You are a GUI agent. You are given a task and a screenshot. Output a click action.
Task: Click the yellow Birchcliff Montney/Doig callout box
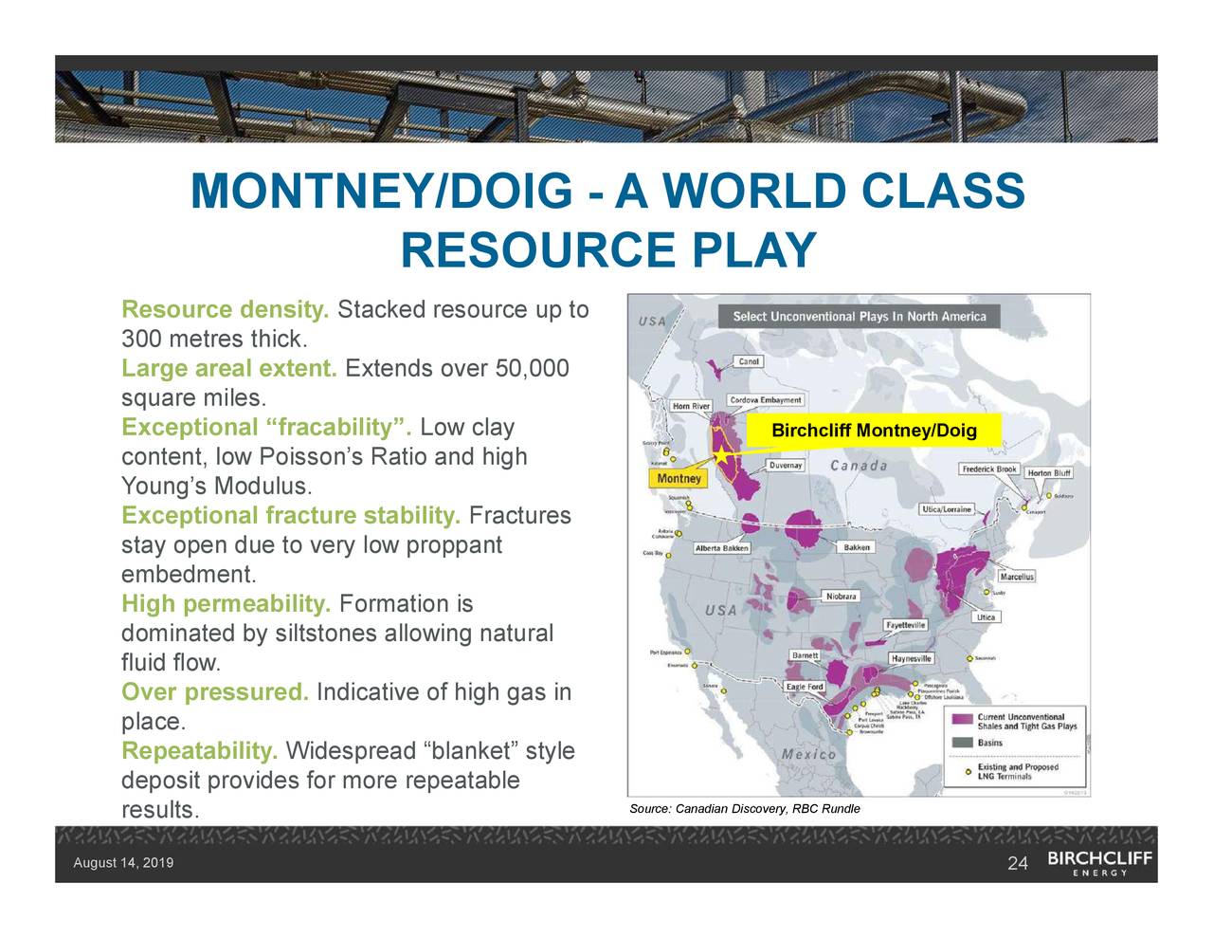[874, 432]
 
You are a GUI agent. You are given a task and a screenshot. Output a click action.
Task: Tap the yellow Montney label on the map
[679, 479]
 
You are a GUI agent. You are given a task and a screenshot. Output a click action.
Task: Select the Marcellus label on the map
[1017, 577]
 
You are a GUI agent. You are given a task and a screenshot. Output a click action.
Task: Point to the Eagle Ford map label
[805, 687]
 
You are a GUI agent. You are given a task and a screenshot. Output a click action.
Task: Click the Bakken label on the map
[856, 547]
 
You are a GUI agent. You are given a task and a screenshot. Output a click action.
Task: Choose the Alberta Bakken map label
[723, 548]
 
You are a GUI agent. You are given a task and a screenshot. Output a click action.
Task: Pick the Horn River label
[691, 406]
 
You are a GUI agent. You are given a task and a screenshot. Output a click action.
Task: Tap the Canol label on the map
[749, 361]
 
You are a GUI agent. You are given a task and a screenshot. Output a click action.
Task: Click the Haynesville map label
[912, 658]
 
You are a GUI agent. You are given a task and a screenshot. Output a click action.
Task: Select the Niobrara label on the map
[841, 597]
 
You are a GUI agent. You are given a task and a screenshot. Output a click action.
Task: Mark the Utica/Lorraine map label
[947, 509]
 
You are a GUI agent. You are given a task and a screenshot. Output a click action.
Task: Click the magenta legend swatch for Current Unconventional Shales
[963, 721]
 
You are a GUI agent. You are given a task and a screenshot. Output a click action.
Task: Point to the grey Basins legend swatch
[963, 743]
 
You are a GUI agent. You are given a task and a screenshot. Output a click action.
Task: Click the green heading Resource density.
[226, 310]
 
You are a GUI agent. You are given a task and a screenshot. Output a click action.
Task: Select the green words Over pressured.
[215, 692]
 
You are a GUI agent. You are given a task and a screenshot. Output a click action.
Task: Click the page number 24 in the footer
[1018, 863]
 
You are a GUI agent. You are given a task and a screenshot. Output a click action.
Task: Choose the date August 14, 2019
[123, 863]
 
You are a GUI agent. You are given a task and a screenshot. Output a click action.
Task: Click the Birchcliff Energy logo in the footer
[1099, 862]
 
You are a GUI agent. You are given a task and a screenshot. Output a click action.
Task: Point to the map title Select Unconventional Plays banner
[859, 317]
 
